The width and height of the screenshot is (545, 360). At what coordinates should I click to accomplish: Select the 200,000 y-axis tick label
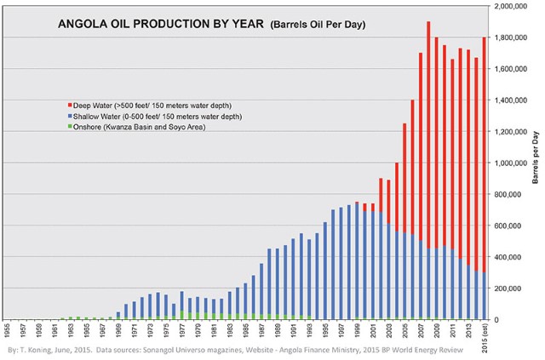[514, 289]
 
